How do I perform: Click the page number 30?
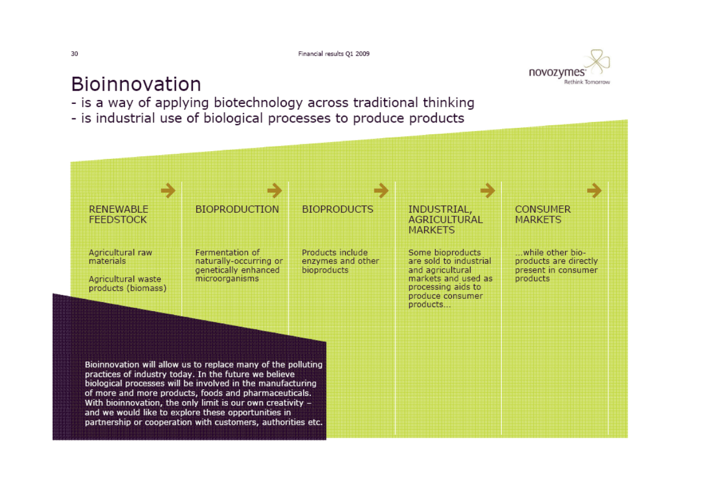point(74,54)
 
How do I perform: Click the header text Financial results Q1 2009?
point(333,54)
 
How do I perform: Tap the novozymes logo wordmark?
point(557,72)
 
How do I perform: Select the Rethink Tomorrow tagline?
point(587,82)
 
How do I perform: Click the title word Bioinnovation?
point(136,84)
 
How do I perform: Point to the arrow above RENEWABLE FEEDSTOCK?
point(168,191)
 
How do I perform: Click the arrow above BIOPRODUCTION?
point(275,191)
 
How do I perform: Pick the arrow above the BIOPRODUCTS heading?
point(381,191)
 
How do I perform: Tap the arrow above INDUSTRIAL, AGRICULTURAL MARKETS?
point(487,191)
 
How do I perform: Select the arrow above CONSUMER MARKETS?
point(594,191)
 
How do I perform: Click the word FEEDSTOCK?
point(118,220)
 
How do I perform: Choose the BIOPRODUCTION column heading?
point(237,209)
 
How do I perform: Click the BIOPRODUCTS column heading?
point(337,209)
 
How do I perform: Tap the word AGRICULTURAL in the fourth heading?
point(445,220)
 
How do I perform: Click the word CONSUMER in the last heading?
point(543,209)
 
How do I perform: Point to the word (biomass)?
point(147,288)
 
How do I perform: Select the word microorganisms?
point(227,278)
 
